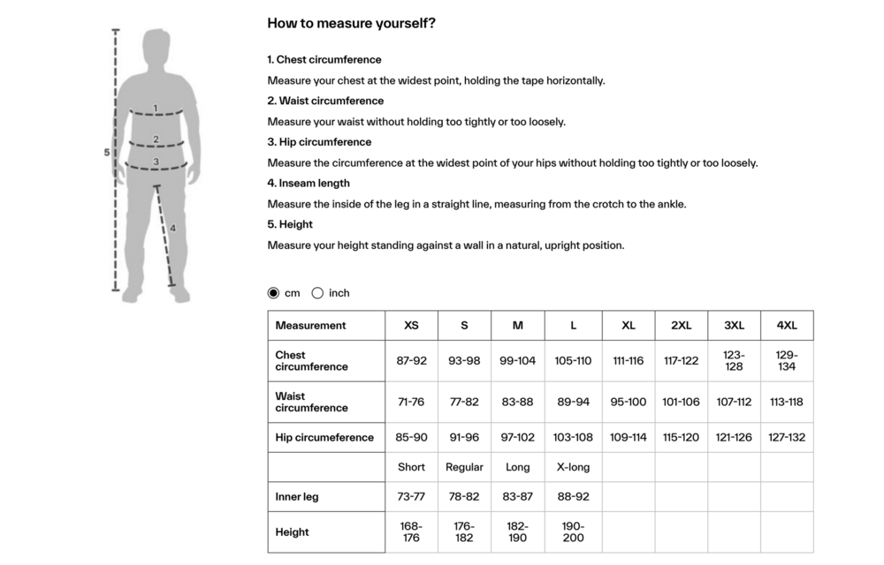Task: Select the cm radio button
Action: [273, 293]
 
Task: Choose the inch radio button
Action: [317, 293]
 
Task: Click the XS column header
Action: [411, 325]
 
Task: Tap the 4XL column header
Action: [787, 325]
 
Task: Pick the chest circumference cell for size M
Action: [517, 361]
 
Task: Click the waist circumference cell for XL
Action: [628, 402]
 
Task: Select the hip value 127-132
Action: [787, 437]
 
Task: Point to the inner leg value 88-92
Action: [573, 497]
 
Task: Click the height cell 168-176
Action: [411, 532]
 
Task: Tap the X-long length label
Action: [573, 467]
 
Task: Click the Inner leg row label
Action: [297, 497]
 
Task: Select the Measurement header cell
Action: [310, 325]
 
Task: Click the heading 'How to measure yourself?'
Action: [351, 24]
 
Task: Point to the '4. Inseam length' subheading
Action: [309, 183]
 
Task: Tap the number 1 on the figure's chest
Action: [156, 109]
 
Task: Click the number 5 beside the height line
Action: [107, 153]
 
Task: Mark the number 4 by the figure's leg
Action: [173, 228]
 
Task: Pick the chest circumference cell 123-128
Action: [734, 361]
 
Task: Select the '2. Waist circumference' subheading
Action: [325, 101]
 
